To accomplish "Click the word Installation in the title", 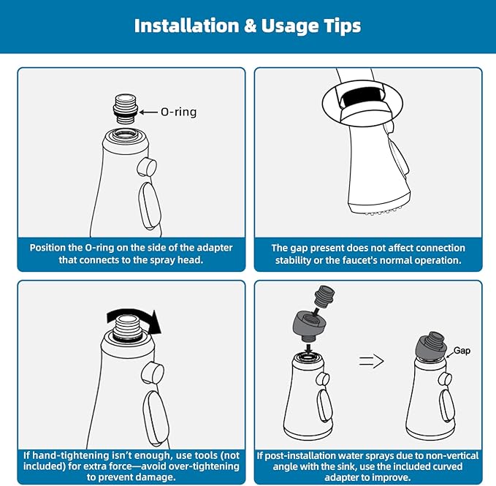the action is click(186, 26).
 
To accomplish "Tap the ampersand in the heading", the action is click(250, 26).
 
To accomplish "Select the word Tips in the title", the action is click(342, 26).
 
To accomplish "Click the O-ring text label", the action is click(179, 112).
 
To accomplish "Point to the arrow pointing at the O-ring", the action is click(148, 112).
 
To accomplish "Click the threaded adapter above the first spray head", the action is click(126, 108).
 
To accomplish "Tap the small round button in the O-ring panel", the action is click(147, 167).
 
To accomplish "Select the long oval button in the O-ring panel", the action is click(150, 205).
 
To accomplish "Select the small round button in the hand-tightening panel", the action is click(153, 373).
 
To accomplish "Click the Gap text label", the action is click(462, 351).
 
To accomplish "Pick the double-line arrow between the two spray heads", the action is click(371, 361).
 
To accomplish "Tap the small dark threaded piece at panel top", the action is click(325, 297).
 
